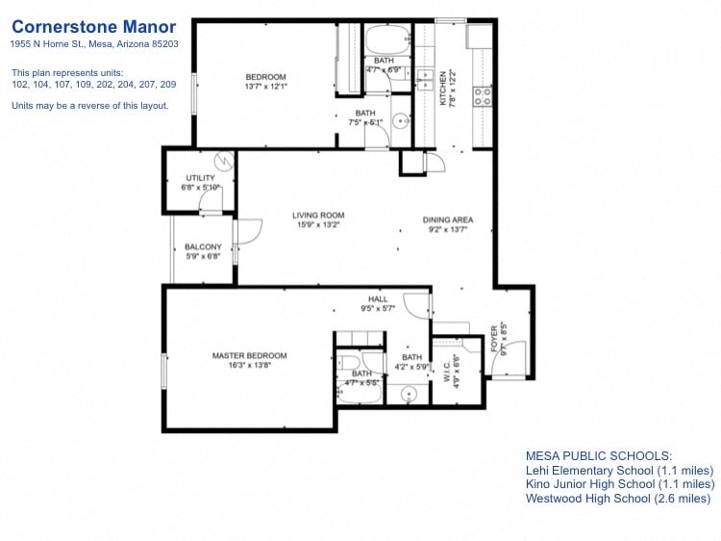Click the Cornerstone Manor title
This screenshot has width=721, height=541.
pos(94,26)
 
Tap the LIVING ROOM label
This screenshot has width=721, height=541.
pos(319,216)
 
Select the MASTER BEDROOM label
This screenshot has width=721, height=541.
pos(250,356)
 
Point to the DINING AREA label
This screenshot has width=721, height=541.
pos(448,220)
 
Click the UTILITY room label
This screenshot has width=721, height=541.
pos(200,178)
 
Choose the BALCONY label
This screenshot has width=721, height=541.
pos(203,247)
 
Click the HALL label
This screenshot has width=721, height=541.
pos(378,299)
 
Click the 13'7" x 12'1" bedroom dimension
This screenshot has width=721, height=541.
pos(265,87)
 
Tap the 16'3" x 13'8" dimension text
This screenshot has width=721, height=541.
pos(250,366)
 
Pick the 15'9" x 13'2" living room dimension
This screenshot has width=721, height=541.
pos(319,225)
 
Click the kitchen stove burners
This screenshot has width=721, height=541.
pos(483,95)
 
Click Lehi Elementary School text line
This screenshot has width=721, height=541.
pos(619,470)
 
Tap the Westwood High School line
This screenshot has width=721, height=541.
pos(618,499)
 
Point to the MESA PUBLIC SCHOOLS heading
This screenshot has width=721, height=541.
pos(598,455)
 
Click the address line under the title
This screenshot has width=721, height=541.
pos(94,44)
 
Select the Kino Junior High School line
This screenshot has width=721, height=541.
pos(620,484)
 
